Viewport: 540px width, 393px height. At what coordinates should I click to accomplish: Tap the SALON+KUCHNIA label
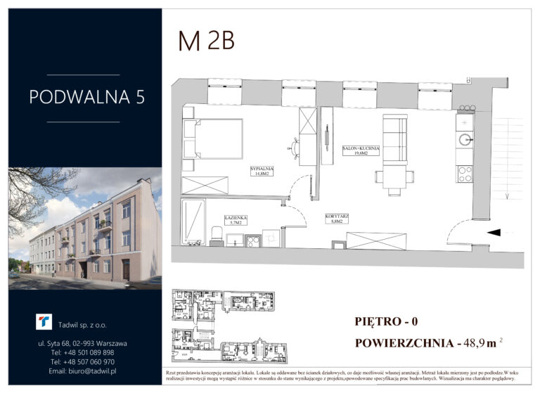click(361, 151)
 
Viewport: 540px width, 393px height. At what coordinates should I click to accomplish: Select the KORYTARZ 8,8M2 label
click(339, 219)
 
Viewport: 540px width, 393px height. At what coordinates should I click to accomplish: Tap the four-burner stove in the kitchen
click(464, 174)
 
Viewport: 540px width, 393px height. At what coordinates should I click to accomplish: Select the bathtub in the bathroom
click(193, 221)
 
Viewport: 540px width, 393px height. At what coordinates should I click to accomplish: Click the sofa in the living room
click(395, 140)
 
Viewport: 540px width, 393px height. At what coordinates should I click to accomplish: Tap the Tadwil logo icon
click(44, 321)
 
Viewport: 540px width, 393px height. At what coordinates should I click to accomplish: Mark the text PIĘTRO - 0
click(386, 322)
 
